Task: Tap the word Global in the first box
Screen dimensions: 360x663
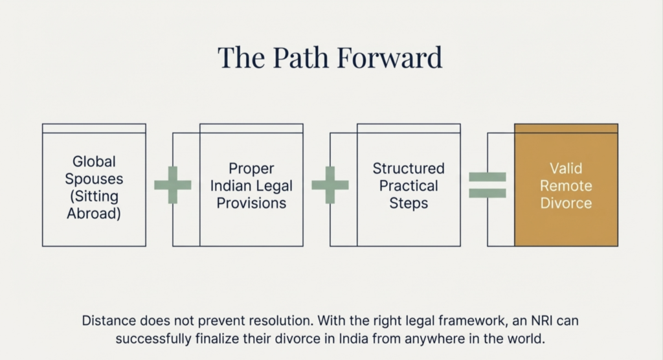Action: pos(94,161)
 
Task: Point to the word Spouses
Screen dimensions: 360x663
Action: pos(94,178)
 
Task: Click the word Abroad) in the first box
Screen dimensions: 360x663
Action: pos(94,213)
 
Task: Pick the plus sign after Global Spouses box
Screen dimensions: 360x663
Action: pos(173,185)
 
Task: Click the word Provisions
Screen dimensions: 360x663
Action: pos(251,203)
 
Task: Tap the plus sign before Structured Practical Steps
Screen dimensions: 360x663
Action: pos(330,185)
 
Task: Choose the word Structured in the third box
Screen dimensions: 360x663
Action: pos(409,168)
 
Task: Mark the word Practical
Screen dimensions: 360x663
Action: pos(409,186)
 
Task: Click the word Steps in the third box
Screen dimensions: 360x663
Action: pos(409,203)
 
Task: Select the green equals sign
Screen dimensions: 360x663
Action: pos(488,185)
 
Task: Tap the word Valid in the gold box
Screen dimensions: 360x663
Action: pos(566,168)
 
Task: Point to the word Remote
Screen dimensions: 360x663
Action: pos(566,186)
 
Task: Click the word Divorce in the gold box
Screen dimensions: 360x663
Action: pos(566,203)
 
